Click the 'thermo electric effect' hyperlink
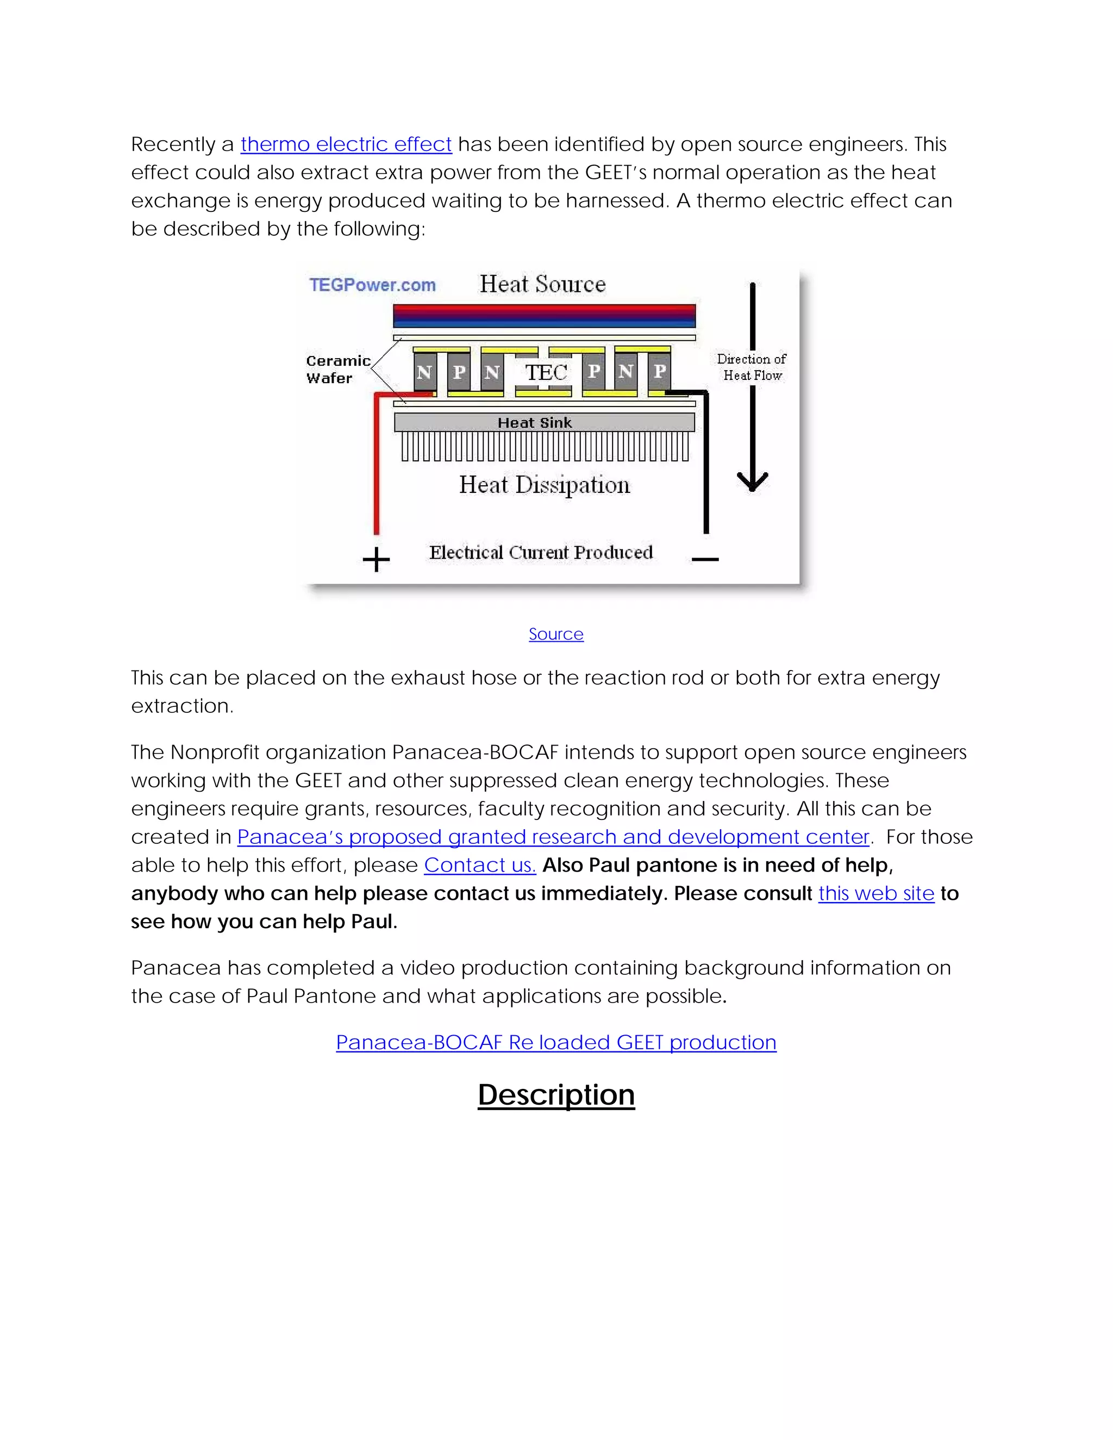pos(346,144)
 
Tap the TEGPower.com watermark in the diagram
pos(372,285)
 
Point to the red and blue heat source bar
pos(544,316)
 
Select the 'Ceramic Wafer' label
pos(337,369)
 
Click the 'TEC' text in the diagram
pos(546,373)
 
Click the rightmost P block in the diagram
pos(659,371)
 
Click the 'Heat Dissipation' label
pos(545,485)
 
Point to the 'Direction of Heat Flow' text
pos(752,367)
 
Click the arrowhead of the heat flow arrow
pos(752,483)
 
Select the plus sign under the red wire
pos(377,560)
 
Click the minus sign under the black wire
pos(705,560)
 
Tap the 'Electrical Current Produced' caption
pos(541,553)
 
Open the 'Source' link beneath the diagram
pos(556,634)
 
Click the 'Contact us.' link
pos(479,865)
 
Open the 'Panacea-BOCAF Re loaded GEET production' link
pos(556,1042)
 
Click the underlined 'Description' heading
pos(556,1094)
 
